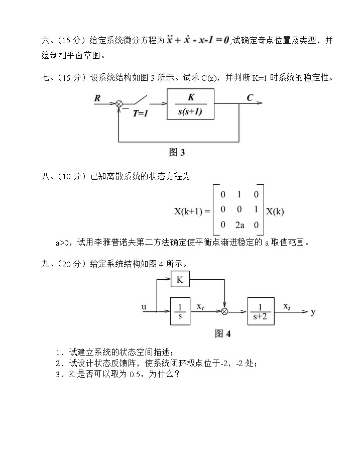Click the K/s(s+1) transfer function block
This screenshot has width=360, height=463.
[x=190, y=104]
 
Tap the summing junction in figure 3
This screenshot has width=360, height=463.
[x=119, y=104]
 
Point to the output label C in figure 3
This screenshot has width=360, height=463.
[x=250, y=97]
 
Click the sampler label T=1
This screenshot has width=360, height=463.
[x=141, y=113]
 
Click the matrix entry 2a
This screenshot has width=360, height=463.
[x=239, y=225]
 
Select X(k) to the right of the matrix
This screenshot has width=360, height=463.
[x=275, y=211]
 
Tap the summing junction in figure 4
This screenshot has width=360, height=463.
[x=224, y=312]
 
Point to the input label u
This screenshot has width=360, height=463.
[x=145, y=306]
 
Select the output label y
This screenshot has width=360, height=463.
[x=313, y=312]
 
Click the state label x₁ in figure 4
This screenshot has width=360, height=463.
[x=200, y=306]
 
